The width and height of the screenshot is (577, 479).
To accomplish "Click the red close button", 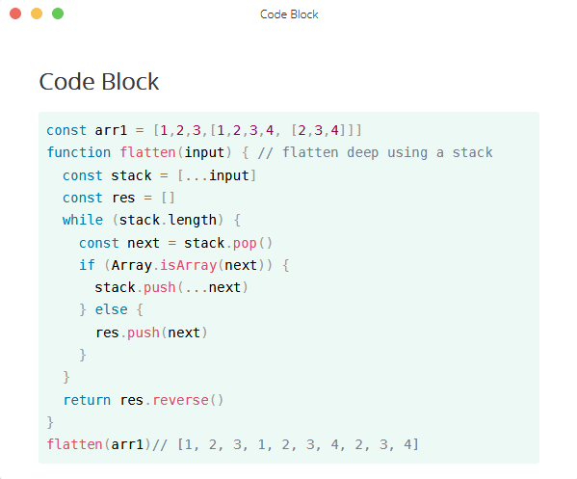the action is coord(15,13).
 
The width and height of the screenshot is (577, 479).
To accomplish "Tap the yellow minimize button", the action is coord(37,13).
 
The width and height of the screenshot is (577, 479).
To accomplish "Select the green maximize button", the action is coord(58,13).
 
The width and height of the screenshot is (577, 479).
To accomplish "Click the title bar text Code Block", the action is coord(289,14).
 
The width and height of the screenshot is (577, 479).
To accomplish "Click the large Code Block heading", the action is coord(99,81).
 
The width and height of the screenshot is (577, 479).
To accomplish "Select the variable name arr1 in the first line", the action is coord(111,130).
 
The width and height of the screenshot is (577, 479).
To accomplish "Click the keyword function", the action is coord(79,152).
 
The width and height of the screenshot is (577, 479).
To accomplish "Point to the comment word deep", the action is coord(362,153).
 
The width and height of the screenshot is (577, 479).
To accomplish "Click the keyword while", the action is coord(83,220).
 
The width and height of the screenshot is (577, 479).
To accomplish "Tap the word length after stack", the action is coord(192,221).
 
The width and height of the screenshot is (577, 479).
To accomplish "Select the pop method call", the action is coord(245,244).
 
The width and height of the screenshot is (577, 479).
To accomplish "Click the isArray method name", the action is coord(188,265).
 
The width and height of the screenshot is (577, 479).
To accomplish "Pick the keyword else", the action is coord(111,309).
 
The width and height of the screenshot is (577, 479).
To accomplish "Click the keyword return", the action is coord(87,400).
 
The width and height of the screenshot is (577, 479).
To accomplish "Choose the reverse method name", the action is coord(181,400).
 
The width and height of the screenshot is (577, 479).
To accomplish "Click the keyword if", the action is coord(87,265).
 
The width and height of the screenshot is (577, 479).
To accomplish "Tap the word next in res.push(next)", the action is coord(184,333).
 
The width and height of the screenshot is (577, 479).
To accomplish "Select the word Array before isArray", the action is coord(131,265).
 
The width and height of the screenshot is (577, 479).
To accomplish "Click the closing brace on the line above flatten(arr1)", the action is coord(50,422).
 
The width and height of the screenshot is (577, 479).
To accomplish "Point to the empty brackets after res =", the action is coord(168,199).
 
